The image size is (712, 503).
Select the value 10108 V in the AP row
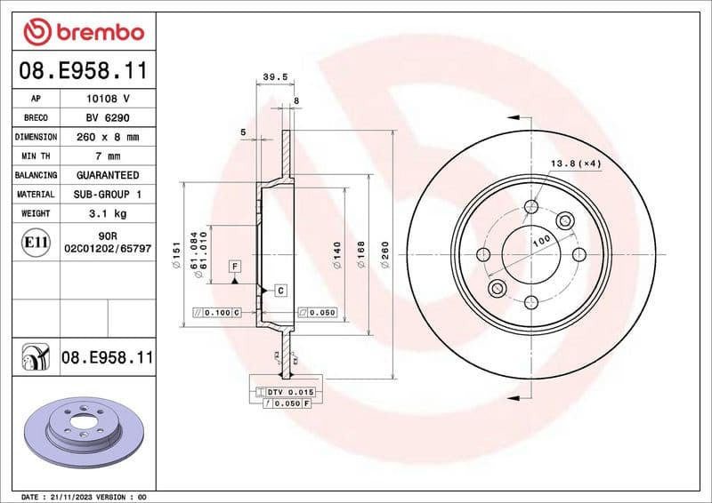click(108, 99)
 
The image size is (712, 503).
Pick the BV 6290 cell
click(108, 117)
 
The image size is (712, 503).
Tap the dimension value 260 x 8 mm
click(108, 137)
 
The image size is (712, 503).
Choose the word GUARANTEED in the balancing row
click(108, 175)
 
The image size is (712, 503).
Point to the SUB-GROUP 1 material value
click(108, 194)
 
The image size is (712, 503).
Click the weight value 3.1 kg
click(108, 213)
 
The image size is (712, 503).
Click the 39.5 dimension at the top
click(276, 77)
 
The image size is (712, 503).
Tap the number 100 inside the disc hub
click(539, 242)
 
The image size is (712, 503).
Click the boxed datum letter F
click(235, 266)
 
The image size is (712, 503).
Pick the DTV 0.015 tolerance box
click(284, 392)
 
